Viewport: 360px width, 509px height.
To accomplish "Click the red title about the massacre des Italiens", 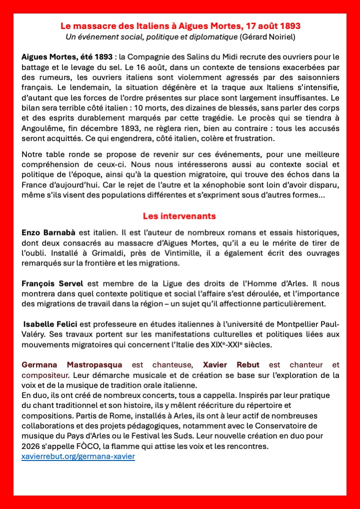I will coord(180,25).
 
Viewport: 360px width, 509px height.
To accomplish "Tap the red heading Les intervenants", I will coord(179,216).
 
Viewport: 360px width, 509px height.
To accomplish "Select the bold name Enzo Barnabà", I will coord(45,233).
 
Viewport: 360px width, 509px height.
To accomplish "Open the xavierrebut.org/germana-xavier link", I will coord(78,456).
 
